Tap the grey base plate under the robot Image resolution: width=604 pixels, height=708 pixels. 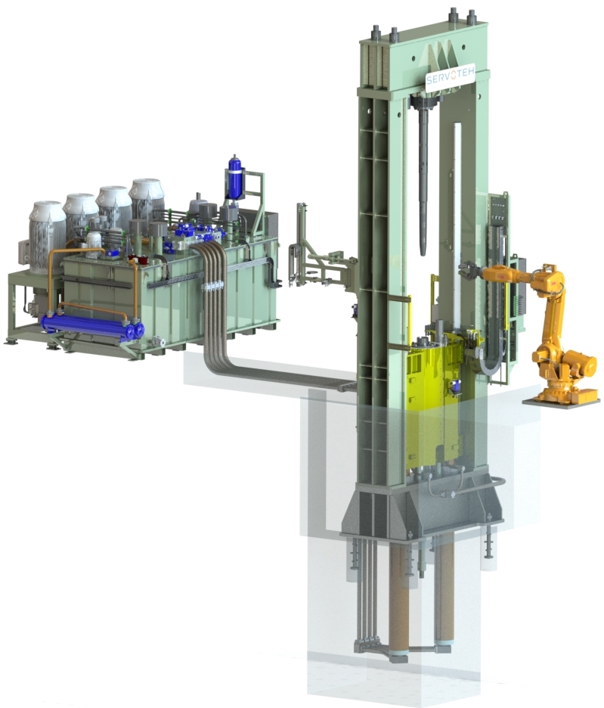(x=559, y=401)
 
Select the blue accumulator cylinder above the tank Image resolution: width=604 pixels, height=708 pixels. (x=234, y=179)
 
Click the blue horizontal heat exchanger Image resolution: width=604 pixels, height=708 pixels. (x=91, y=326)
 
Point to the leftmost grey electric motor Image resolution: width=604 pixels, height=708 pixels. (x=46, y=230)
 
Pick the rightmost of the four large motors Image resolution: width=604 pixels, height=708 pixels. (x=146, y=199)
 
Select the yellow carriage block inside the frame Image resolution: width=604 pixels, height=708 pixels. (x=430, y=401)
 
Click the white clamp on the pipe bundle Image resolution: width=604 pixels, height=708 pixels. (x=212, y=287)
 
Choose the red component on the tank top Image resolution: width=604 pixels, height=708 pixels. (x=139, y=262)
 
